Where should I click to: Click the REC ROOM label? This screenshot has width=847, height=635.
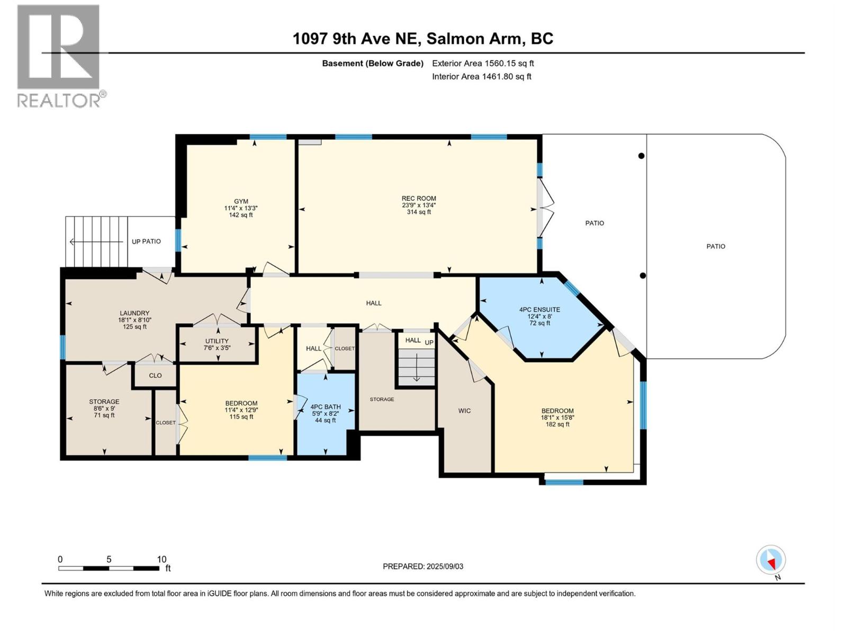(x=418, y=199)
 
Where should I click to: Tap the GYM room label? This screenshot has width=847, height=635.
(x=241, y=202)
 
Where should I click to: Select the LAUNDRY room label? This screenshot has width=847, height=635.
(x=134, y=313)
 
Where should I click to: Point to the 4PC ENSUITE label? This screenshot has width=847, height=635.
(x=539, y=310)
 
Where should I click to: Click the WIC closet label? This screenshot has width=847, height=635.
(x=464, y=411)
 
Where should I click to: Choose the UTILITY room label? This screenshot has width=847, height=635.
(x=217, y=341)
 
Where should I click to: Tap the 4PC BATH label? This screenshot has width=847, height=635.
(x=325, y=407)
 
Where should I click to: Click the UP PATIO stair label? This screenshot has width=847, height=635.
(x=146, y=242)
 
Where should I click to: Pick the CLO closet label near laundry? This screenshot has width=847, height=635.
(x=155, y=376)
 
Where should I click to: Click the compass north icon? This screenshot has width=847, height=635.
(x=771, y=560)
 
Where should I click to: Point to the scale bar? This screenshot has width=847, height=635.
(x=109, y=568)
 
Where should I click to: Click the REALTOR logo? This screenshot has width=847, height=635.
(x=59, y=56)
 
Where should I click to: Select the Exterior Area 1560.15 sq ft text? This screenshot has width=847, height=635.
(x=483, y=63)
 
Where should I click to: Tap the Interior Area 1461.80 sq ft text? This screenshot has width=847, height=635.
(x=481, y=77)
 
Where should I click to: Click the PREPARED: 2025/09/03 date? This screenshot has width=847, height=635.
(x=423, y=567)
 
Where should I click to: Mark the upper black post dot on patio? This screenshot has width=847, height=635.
(x=641, y=156)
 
